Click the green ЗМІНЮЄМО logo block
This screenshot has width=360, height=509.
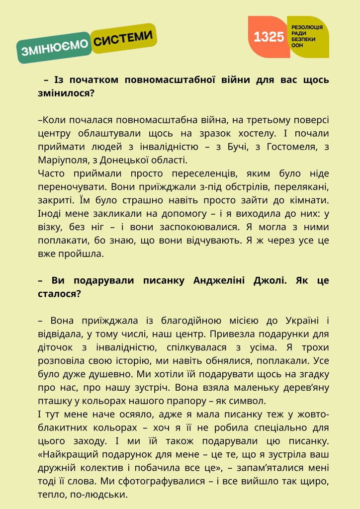point(54,49)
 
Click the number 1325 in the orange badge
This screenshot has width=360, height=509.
point(269,37)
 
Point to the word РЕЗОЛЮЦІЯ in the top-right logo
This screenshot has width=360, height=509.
point(307,26)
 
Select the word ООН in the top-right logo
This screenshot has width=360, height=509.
point(297,45)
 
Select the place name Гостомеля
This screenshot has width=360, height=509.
point(288,147)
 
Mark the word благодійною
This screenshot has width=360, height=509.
point(172,321)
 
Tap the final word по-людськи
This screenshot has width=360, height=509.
point(102,495)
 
